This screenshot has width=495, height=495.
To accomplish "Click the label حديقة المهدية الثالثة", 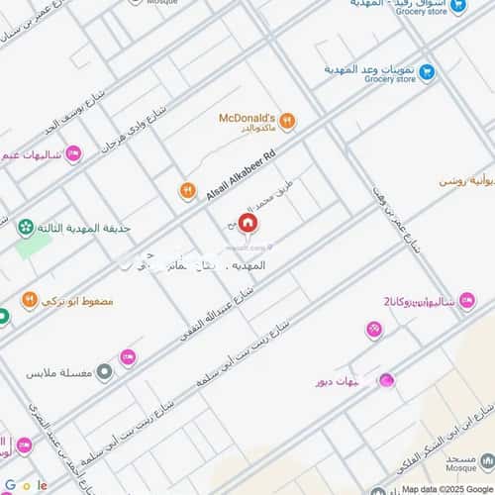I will [x=82, y=228].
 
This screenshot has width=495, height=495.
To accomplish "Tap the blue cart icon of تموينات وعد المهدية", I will [x=427, y=71].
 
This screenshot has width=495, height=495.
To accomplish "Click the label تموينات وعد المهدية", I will [x=368, y=70].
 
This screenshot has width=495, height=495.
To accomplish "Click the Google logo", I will [x=27, y=485].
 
